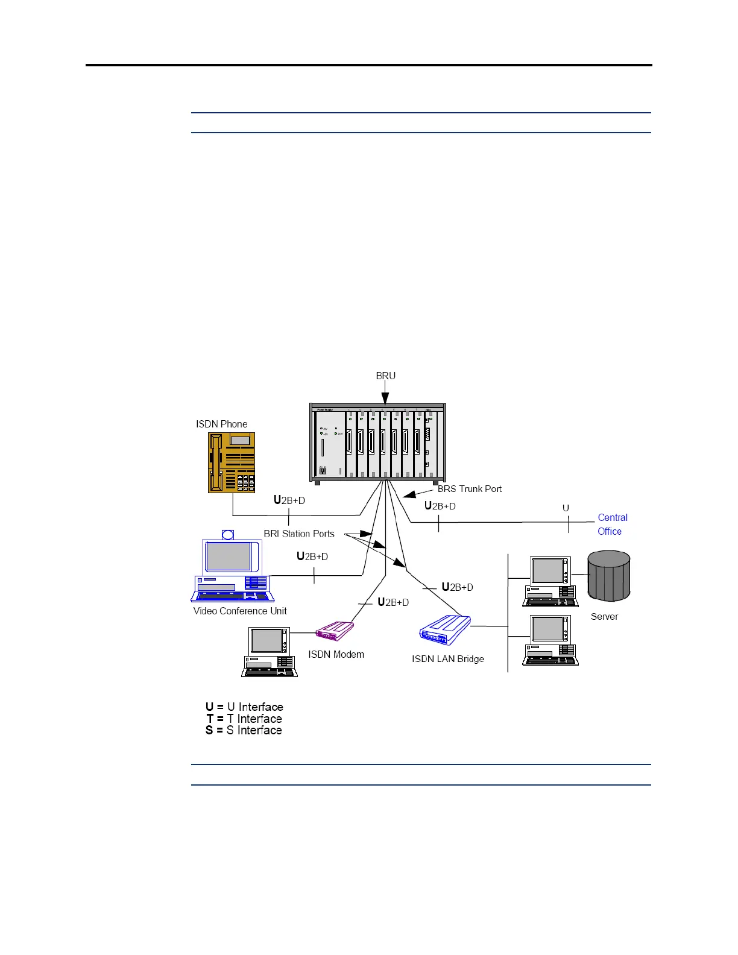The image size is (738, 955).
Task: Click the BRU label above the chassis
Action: tap(385, 376)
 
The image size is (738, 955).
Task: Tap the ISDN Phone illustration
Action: tap(232, 462)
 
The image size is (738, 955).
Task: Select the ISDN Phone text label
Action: tap(221, 424)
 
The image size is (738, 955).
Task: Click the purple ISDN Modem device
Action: tap(335, 631)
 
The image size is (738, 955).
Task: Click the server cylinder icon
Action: tap(608, 576)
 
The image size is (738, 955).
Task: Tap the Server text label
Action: tap(604, 616)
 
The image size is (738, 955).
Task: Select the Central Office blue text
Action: tap(612, 525)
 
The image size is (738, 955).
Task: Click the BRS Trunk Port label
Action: tap(469, 489)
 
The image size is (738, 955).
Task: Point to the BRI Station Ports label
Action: tap(299, 534)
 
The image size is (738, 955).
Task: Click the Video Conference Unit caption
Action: tap(240, 611)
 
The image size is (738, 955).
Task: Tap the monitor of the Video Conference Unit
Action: tap(229, 556)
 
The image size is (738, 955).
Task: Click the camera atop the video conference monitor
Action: tap(228, 534)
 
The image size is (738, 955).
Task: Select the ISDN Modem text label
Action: tap(336, 654)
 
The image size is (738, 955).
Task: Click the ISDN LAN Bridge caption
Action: tap(447, 658)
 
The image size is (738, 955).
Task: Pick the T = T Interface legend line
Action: tap(244, 719)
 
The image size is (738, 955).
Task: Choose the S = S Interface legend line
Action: tap(244, 730)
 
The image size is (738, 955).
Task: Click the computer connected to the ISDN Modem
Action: tap(269, 651)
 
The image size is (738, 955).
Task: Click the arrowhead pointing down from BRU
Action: tap(385, 399)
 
